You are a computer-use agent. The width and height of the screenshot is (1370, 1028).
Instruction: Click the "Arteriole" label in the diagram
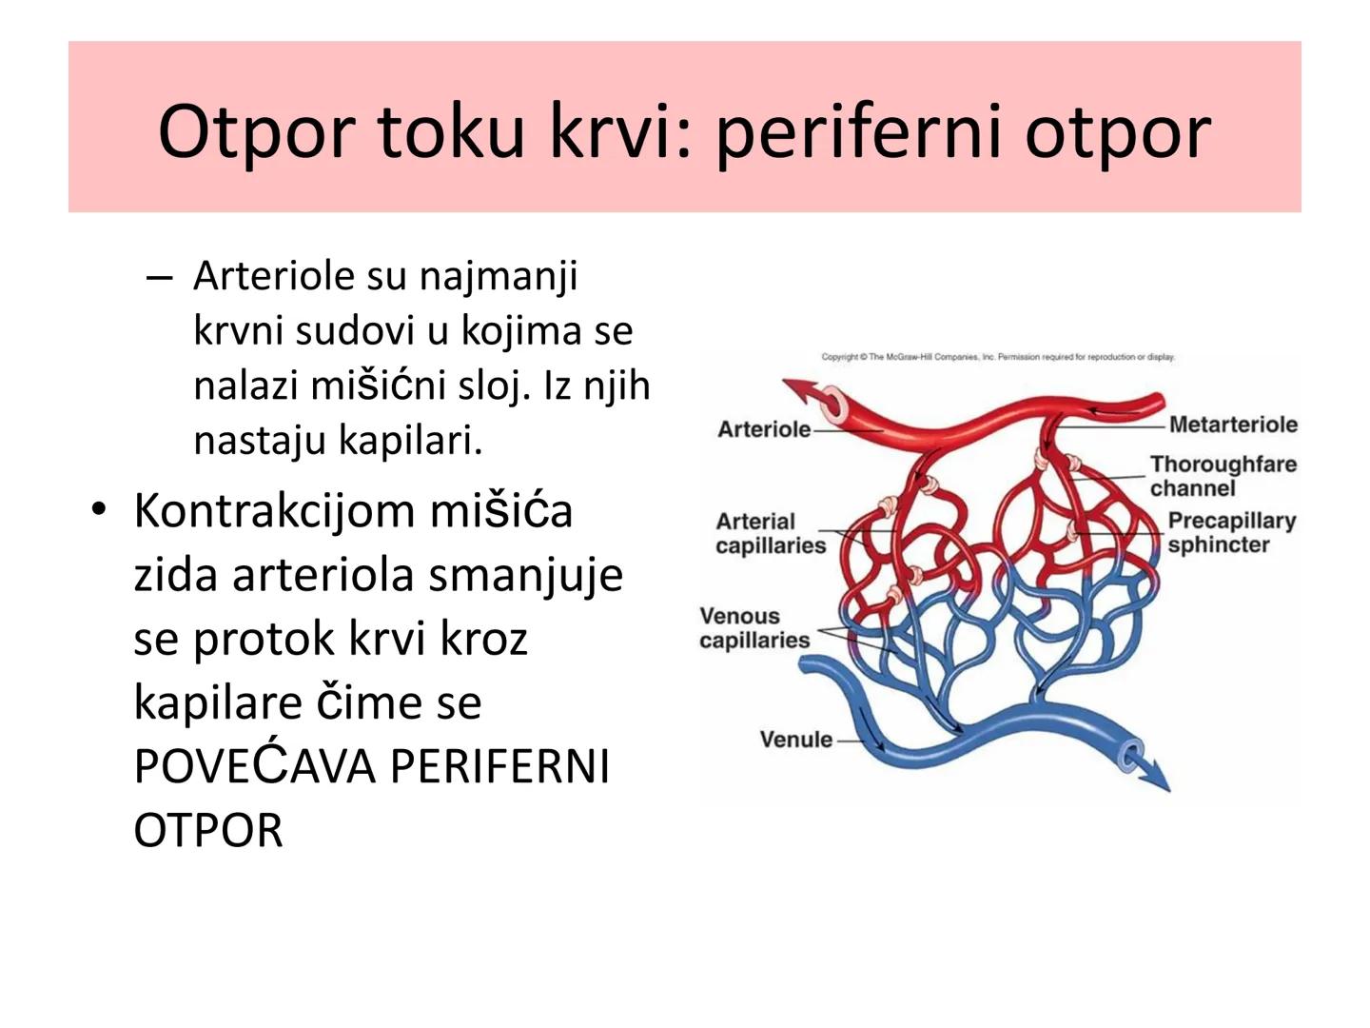[763, 429]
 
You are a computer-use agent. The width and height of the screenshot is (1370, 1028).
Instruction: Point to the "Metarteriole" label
[1232, 425]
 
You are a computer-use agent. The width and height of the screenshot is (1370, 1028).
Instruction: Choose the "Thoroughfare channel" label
[1222, 476]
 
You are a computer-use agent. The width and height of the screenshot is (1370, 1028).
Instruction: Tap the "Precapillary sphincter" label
[1230, 533]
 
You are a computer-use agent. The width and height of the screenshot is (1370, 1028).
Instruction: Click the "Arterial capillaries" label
[770, 533]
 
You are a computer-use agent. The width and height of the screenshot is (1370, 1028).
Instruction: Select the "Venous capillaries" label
[753, 628]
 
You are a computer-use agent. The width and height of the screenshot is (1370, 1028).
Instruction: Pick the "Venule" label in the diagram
[795, 740]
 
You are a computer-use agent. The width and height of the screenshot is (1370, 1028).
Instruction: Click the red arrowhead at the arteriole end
[797, 389]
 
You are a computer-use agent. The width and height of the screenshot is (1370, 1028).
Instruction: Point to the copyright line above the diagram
[997, 357]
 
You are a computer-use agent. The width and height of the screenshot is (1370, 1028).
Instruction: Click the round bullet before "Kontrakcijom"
[98, 510]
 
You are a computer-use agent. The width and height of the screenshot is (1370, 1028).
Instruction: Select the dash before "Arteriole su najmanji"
[159, 277]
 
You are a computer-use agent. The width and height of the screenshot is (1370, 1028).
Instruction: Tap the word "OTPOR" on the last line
[208, 830]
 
